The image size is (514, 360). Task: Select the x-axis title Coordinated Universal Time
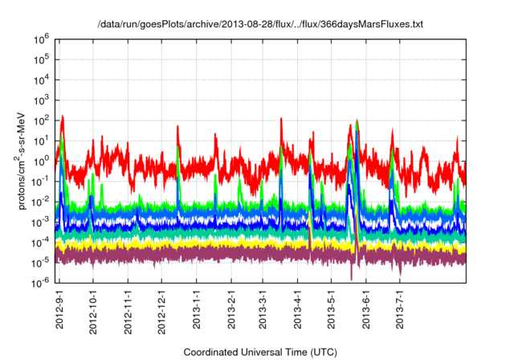(258, 352)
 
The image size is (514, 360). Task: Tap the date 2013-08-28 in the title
(218, 25)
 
